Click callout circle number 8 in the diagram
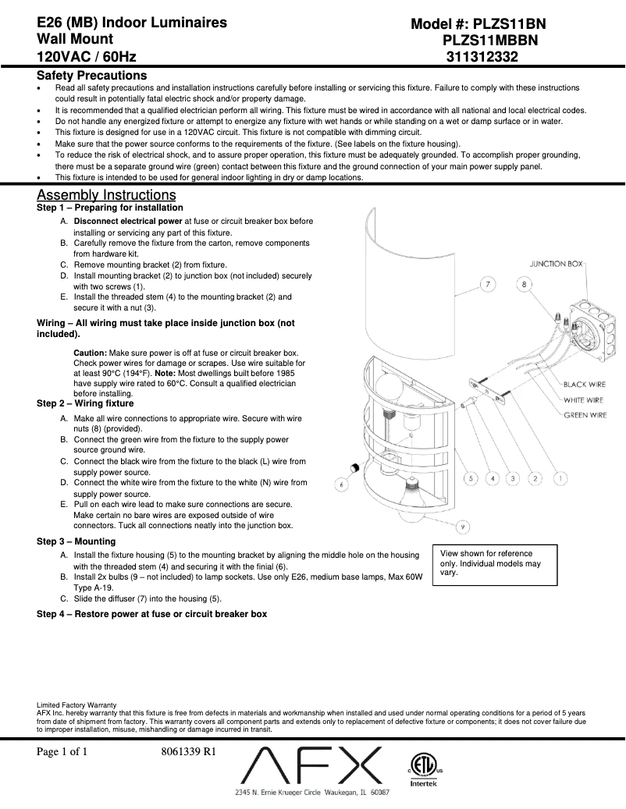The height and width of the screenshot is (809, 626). (524, 285)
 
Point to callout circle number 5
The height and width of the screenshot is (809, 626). (471, 477)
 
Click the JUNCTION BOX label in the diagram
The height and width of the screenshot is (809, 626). (556, 264)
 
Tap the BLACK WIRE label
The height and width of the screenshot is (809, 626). (585, 385)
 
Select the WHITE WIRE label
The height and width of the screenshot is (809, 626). (585, 400)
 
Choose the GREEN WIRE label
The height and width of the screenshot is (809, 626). (585, 416)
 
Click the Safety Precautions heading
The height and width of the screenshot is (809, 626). (91, 76)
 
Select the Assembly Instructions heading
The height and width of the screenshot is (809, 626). (106, 194)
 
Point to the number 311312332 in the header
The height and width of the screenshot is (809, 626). (482, 57)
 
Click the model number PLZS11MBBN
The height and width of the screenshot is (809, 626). (490, 41)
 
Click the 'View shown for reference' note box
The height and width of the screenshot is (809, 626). (495, 564)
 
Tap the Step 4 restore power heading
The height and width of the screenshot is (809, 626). (151, 614)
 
